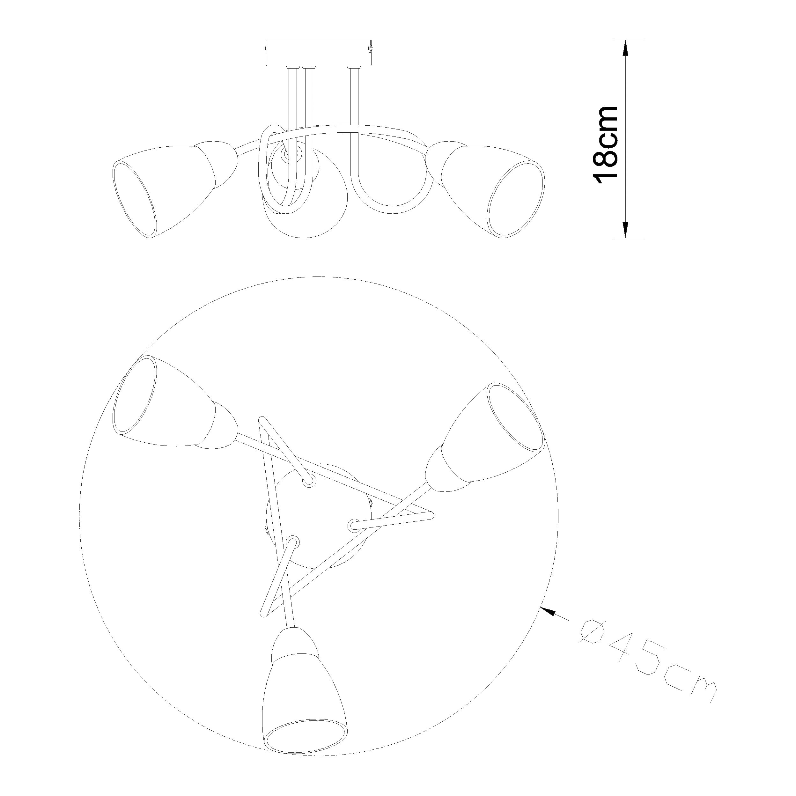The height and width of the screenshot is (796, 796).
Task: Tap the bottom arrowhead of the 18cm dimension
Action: tap(625, 230)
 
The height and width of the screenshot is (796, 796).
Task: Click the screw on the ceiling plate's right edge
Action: tap(370, 48)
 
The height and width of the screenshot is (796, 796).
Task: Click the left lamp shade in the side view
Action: tap(157, 192)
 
